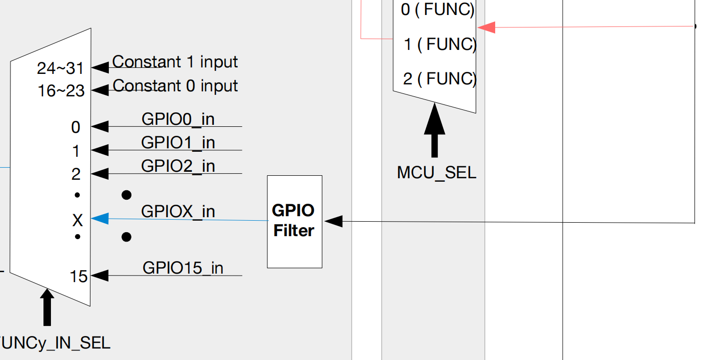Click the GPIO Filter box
294,221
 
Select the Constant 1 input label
175,62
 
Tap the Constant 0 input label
175,86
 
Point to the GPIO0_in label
178,119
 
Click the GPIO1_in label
178,142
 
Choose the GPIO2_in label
178,165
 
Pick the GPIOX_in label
178,211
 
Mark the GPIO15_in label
183,268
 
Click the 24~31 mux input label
61,68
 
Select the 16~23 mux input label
61,91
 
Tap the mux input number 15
78,277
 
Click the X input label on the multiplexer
77,220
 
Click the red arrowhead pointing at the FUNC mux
487,27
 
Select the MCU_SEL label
437,173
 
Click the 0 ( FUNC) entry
437,9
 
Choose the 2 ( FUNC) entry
439,79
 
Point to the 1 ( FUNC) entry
440,44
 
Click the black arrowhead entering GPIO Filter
333,221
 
